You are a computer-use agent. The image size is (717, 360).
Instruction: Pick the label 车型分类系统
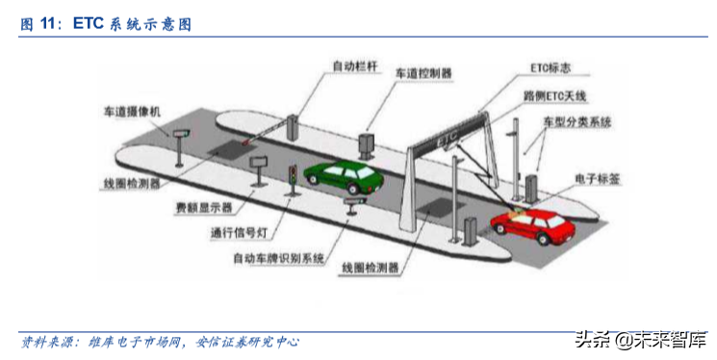pyautogui.click(x=576, y=123)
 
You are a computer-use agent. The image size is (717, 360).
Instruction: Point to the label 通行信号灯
pyautogui.click(x=237, y=232)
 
